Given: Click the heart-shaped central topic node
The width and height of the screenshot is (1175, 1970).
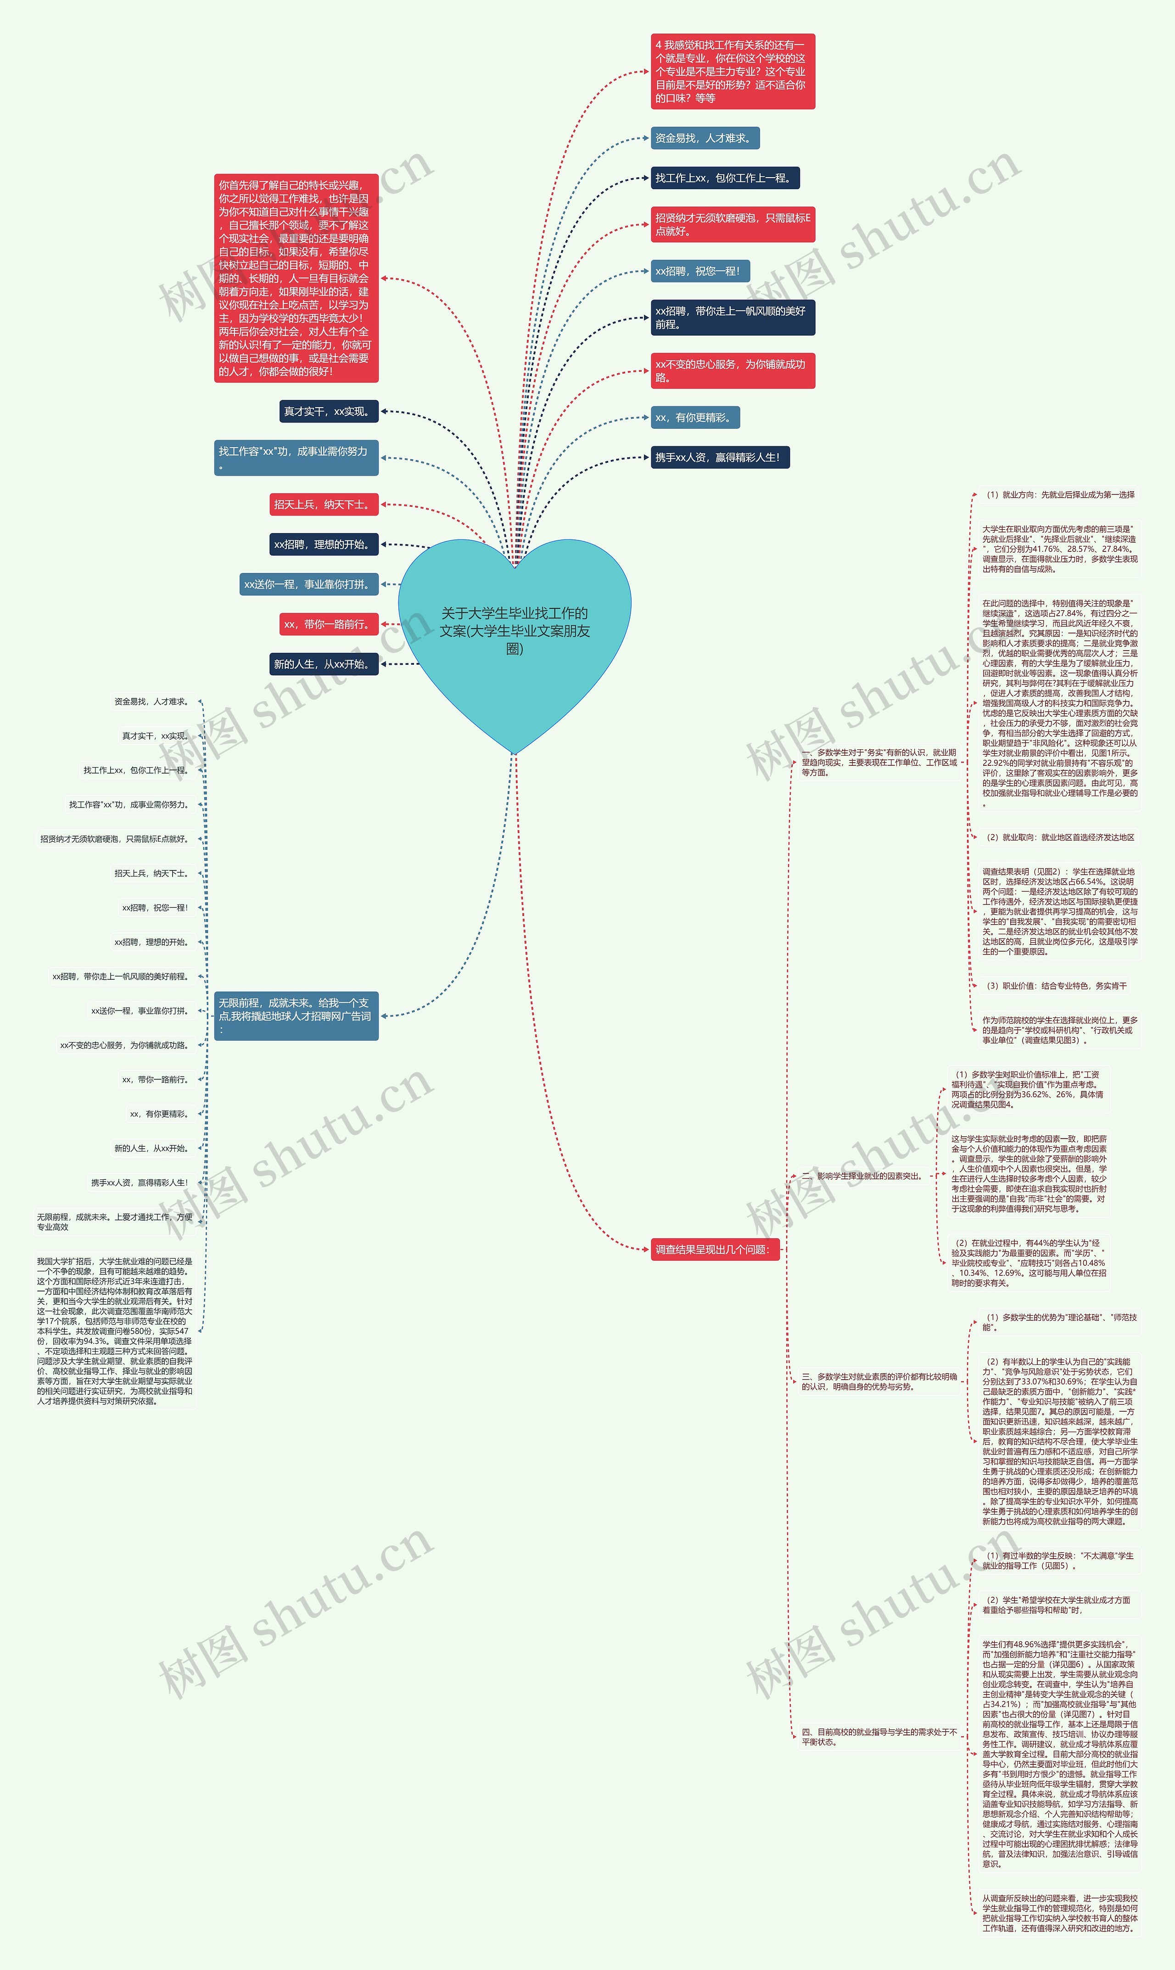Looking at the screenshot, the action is pyautogui.click(x=515, y=631).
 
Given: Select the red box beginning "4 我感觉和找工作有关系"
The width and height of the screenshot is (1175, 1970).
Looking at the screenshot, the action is pyautogui.click(x=733, y=71).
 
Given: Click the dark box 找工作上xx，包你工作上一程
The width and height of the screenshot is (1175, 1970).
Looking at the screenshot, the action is pyautogui.click(x=724, y=178).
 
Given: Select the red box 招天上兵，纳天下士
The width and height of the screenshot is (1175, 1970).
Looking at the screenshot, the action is pyautogui.click(x=323, y=505).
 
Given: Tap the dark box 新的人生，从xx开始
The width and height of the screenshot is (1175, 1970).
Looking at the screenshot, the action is pyautogui.click(x=323, y=664).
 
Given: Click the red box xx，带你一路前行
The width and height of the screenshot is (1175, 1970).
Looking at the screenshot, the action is pyautogui.click(x=328, y=624).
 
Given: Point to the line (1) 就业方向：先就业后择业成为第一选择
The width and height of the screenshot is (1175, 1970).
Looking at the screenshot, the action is pyautogui.click(x=1059, y=495).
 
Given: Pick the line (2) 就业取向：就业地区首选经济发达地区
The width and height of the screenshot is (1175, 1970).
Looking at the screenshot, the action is pyautogui.click(x=1059, y=837).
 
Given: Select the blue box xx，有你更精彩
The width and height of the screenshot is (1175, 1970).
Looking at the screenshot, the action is pyautogui.click(x=694, y=417).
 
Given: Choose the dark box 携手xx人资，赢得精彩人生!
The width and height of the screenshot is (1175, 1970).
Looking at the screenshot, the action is pyautogui.click(x=719, y=458).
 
